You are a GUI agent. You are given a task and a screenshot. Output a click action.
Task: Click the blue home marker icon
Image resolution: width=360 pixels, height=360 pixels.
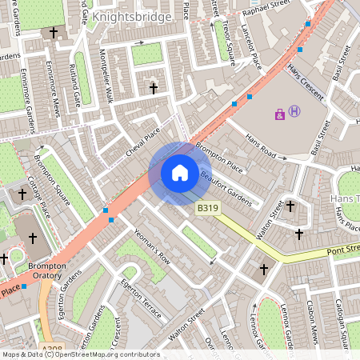(x=180, y=173)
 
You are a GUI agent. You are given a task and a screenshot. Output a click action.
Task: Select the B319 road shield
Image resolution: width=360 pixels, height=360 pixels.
(x=208, y=208)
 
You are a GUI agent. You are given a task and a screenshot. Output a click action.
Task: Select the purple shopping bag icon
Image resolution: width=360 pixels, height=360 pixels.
(x=279, y=114)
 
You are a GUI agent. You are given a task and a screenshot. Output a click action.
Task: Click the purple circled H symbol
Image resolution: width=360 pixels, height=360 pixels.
(x=295, y=112)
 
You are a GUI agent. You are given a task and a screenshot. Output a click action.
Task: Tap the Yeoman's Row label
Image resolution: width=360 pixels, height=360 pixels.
(x=152, y=247)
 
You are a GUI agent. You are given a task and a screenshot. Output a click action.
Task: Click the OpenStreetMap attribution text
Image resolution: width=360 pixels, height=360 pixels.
(x=80, y=354)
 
